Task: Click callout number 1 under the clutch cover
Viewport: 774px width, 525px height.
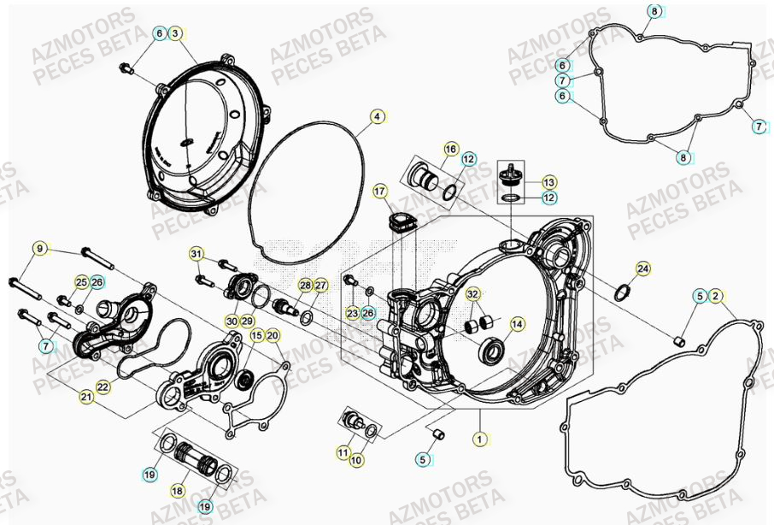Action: (480, 439)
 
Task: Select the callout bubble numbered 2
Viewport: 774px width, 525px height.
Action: (717, 297)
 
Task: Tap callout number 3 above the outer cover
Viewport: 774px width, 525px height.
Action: (175, 34)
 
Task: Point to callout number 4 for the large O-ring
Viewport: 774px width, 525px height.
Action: (378, 115)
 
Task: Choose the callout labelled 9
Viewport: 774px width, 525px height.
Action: (39, 249)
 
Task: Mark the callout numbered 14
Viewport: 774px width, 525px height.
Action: (516, 325)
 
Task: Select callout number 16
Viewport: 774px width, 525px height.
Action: (450, 149)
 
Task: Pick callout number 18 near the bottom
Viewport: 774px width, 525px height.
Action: (178, 491)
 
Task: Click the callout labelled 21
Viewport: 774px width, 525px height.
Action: (87, 397)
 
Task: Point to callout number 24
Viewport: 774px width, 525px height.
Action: (642, 269)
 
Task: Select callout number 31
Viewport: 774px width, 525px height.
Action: (196, 255)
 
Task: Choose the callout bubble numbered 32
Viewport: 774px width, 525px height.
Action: (472, 294)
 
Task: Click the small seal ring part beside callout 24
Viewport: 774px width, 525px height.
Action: (624, 294)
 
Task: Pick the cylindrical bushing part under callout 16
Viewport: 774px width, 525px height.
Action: (424, 178)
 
